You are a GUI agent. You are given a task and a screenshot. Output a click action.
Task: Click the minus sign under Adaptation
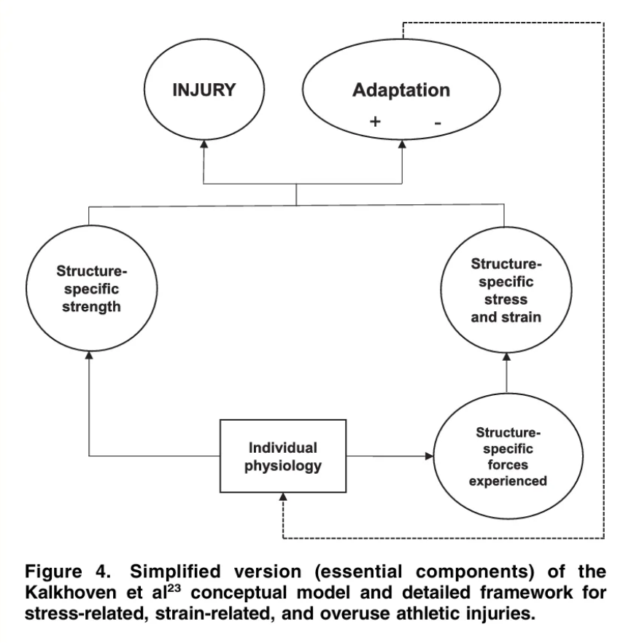coord(437,123)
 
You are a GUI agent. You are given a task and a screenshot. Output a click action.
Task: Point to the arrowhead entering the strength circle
coord(88,357)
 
